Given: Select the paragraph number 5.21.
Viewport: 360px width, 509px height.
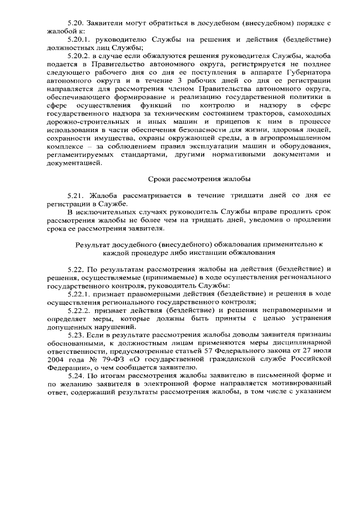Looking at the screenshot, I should click(75, 194).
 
